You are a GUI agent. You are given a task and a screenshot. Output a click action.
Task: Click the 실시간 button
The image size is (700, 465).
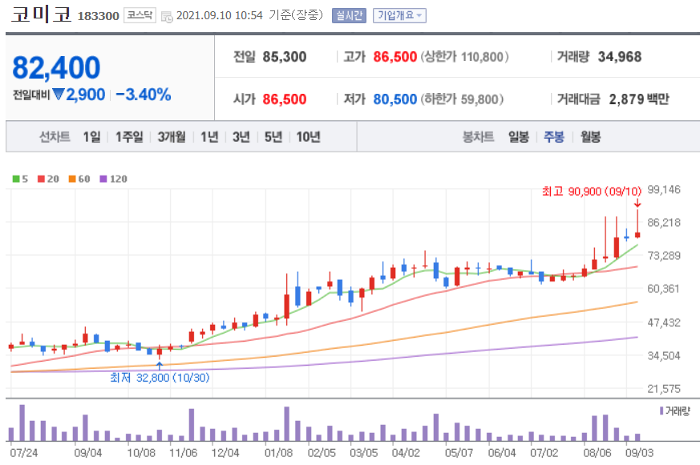349,15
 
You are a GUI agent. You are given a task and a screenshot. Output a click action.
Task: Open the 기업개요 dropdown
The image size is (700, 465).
399,15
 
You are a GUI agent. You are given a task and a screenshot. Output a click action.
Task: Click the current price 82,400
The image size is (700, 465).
56,68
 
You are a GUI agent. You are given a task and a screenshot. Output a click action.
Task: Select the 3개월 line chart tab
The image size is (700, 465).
172,136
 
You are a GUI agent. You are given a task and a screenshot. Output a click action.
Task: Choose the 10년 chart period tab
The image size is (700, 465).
308,136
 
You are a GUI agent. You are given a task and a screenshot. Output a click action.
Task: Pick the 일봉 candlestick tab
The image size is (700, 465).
518,136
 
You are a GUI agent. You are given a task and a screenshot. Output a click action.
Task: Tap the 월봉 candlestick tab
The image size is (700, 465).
590,136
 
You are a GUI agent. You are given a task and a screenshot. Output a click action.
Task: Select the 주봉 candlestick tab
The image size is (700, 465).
554,136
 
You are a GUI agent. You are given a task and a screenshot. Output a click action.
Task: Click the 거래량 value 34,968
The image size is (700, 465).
614,57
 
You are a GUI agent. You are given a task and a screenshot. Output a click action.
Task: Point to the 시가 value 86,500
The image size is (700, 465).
284,99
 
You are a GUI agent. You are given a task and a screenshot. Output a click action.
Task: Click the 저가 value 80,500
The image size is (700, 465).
395,99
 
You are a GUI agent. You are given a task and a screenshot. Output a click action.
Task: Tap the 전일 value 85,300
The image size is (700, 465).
284,57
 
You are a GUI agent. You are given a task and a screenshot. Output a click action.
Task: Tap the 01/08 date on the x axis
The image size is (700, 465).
278,452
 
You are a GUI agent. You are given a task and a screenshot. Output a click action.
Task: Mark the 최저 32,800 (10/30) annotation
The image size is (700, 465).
160,378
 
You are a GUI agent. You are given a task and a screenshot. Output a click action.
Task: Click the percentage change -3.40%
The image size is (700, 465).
144,95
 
